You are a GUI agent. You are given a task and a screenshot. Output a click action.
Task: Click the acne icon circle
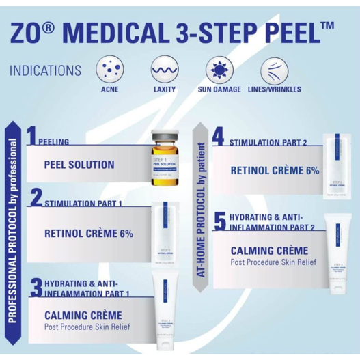coord(109,71)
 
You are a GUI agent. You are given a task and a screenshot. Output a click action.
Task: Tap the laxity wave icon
coord(164,71)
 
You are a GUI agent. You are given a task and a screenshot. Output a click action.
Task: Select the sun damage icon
coord(219,71)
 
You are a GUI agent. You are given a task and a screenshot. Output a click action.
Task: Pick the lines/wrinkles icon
coord(274,71)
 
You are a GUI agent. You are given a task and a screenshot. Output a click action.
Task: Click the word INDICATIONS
coord(45,70)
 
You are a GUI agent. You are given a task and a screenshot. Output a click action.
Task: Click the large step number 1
coord(31,135)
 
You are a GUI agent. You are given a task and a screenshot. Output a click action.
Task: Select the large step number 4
coord(218,135)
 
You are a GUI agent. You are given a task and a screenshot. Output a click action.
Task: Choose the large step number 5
coord(219,220)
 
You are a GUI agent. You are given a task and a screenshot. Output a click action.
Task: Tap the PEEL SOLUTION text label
coord(79,165)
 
